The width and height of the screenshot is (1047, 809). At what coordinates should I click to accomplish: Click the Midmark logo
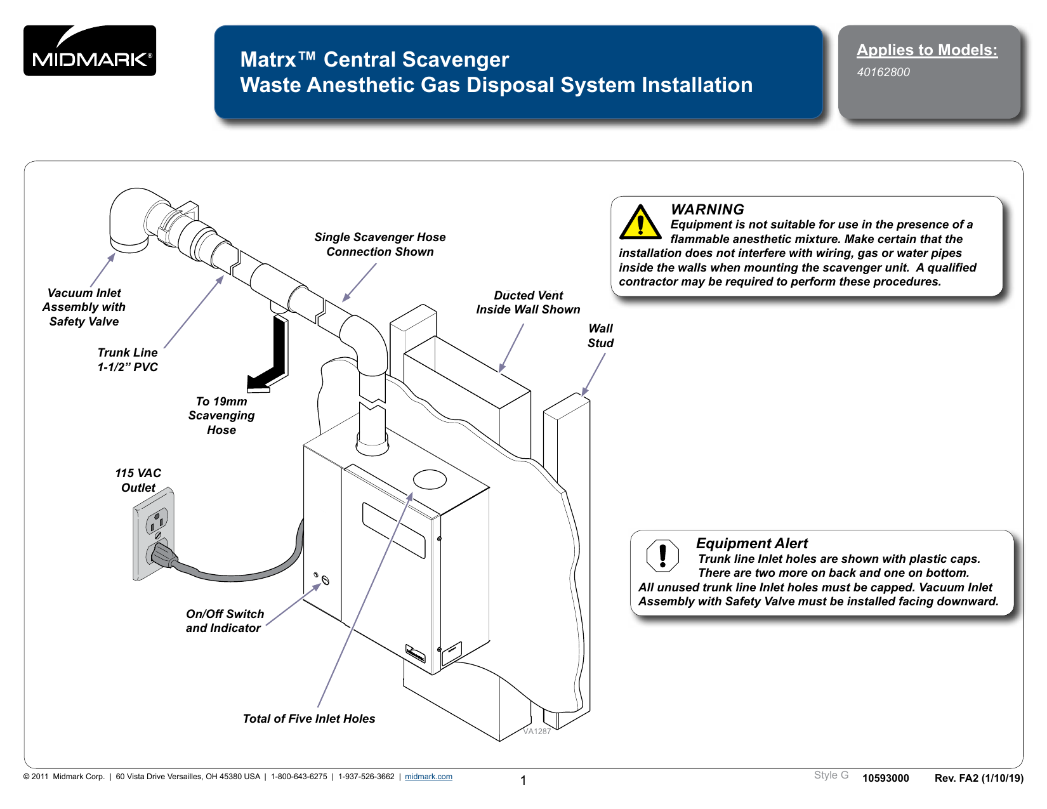coord(89,51)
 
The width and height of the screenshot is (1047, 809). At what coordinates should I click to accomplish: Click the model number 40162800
coord(883,72)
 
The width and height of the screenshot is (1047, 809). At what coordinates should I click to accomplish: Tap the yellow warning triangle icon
coord(640,222)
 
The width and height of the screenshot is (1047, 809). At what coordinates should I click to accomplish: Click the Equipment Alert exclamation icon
coord(662,555)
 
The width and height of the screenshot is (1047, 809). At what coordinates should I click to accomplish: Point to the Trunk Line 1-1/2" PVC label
coord(128,360)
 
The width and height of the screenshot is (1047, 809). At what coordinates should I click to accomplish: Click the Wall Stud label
coord(600,336)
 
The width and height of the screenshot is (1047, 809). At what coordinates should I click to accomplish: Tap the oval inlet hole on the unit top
coord(430,479)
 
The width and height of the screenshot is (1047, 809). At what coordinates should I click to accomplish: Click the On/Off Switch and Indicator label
coord(224,621)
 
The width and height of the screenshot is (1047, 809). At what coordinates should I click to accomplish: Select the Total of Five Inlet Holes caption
coord(309,718)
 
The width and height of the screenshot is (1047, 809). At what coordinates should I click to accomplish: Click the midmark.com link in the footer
coord(428,777)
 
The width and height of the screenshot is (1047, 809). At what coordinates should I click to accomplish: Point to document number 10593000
coord(885,779)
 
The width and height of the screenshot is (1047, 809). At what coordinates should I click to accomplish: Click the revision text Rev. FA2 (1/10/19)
coord(978,779)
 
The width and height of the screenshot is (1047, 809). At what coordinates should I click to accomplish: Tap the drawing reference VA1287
coord(537,732)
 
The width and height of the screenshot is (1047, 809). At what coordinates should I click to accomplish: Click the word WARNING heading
coord(707,209)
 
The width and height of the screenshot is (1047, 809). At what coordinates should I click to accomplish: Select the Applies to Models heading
coord(926,50)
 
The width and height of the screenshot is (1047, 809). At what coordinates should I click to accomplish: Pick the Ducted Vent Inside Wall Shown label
coord(528,303)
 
